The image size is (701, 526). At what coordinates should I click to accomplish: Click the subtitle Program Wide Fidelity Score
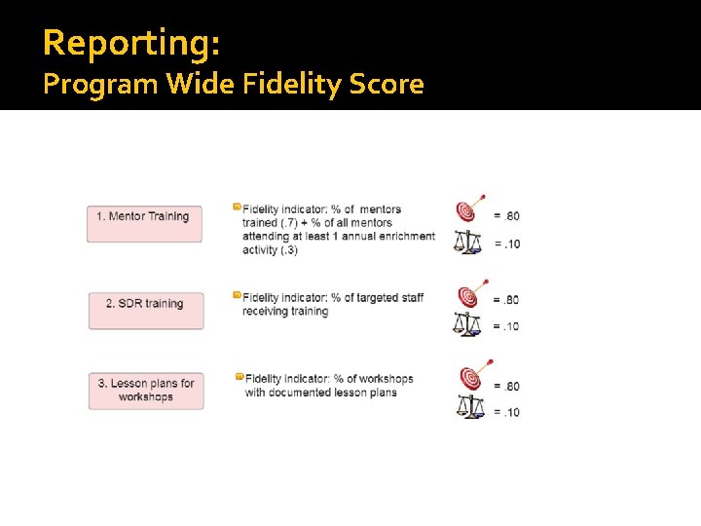coord(234,85)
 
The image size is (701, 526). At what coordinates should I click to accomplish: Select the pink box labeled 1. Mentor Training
coord(145,222)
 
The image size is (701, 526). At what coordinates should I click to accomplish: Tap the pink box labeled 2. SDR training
coord(145,309)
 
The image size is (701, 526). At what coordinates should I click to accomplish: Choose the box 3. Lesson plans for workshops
coord(146,390)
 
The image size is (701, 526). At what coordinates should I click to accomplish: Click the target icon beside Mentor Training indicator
coord(468,209)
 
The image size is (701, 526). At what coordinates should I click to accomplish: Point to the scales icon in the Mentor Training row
coord(467,241)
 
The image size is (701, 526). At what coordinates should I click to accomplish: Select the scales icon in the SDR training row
coord(467,323)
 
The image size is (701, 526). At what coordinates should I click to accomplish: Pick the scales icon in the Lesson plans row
coord(469,407)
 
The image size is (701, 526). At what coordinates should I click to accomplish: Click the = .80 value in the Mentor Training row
coord(506,215)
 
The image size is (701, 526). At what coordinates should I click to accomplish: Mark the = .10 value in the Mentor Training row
coord(506,244)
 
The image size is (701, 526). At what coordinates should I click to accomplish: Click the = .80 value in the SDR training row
coord(506,299)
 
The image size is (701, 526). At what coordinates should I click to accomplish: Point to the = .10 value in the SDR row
coord(506,326)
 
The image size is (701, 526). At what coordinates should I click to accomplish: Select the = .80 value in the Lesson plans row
coord(506,386)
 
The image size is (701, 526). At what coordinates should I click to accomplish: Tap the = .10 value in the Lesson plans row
coord(506,412)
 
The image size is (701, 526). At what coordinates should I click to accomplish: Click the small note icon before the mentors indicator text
coord(237,207)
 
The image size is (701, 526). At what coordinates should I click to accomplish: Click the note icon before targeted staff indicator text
coord(237,294)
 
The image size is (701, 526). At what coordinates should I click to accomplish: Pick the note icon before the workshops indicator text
coord(239,376)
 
